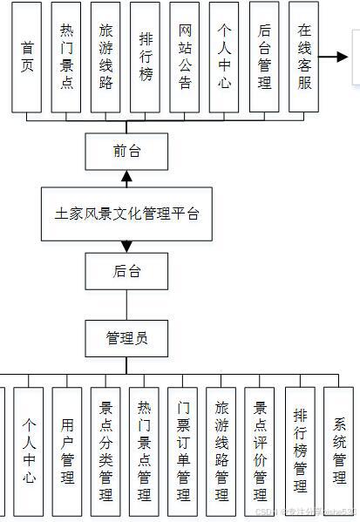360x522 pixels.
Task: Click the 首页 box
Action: pos(27,57)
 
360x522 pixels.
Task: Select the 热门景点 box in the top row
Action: pos(67,57)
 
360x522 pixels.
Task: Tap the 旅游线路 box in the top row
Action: pos(106,57)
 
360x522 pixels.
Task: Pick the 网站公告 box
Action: pos(185,57)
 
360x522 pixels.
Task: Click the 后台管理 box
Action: pos(264,57)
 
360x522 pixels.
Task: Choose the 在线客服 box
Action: pos(303,57)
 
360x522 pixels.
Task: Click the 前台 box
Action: pos(126,152)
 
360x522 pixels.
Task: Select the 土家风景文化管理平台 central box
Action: pos(126,213)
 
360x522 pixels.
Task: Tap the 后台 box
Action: pos(126,271)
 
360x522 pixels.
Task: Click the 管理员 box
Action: pos(126,337)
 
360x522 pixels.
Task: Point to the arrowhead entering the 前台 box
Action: pos(126,177)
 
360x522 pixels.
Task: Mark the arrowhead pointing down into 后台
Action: pos(126,247)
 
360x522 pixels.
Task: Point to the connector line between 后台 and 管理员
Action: pos(126,304)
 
